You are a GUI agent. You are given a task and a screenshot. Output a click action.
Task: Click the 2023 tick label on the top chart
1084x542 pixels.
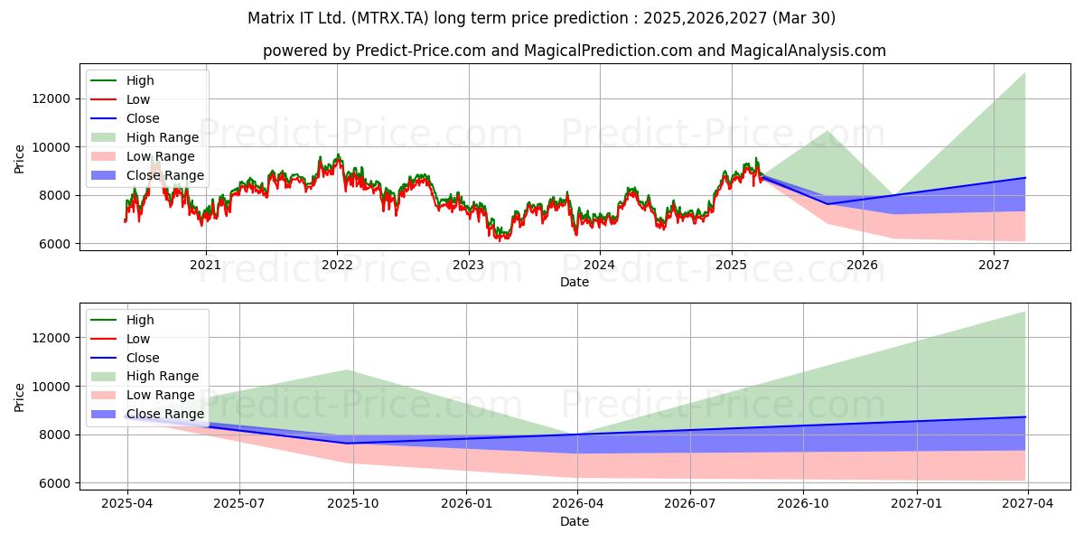click(x=468, y=265)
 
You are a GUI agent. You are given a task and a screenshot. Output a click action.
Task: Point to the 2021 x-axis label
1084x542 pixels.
click(x=205, y=265)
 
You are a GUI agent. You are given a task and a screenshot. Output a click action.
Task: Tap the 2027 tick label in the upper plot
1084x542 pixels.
click(x=994, y=265)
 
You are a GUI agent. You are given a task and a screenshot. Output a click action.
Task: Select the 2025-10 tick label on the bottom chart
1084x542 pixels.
click(x=353, y=503)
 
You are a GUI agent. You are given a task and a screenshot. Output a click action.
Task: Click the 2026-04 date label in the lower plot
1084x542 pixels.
click(x=578, y=503)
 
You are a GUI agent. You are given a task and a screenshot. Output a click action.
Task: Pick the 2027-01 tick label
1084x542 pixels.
click(x=917, y=503)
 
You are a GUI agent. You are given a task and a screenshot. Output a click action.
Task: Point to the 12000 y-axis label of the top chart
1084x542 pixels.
click(x=51, y=98)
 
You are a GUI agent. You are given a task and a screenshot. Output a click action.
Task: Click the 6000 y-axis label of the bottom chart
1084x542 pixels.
click(x=55, y=483)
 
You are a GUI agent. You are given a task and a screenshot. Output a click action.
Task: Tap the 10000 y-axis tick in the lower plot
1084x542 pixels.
click(x=51, y=387)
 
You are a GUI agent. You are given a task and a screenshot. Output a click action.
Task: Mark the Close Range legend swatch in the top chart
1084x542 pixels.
click(x=104, y=175)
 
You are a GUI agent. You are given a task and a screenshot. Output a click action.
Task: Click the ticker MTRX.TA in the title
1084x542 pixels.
click(x=389, y=18)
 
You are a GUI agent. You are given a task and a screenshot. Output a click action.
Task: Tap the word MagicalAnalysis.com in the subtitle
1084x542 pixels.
click(x=808, y=51)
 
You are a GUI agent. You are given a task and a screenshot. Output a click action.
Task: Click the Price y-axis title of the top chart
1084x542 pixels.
click(x=19, y=159)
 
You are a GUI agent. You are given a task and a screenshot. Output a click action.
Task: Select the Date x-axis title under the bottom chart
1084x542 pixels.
click(x=575, y=521)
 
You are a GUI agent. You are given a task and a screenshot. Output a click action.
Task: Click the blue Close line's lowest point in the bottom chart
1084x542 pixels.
click(x=348, y=443)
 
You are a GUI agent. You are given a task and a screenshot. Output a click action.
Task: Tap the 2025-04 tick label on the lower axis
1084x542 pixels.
click(x=126, y=503)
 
